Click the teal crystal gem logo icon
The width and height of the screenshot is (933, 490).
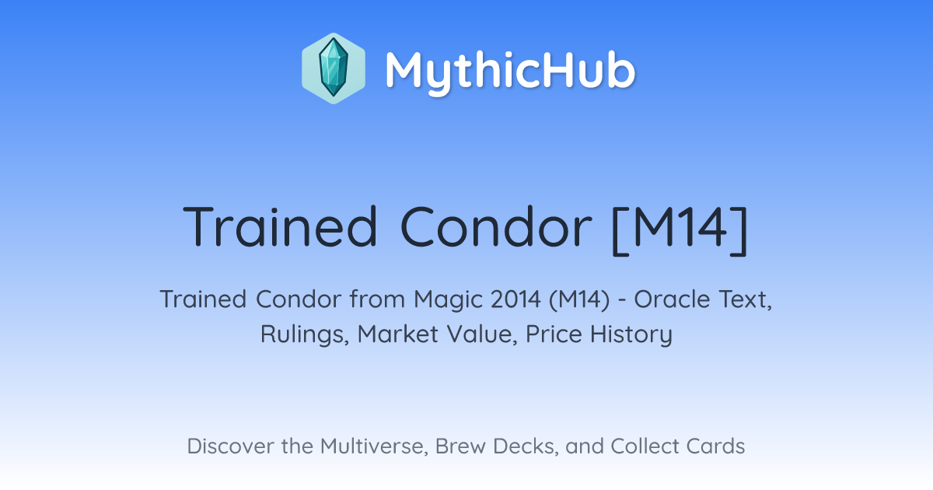pyautogui.click(x=334, y=68)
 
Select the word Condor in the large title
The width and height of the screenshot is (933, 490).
pyautogui.click(x=496, y=226)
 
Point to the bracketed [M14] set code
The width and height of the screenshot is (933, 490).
pyautogui.click(x=680, y=229)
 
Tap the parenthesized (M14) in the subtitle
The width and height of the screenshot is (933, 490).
pyautogui.click(x=579, y=299)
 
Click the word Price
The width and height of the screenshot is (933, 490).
pyautogui.click(x=554, y=334)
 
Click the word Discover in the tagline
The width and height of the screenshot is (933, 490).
pyautogui.click(x=229, y=446)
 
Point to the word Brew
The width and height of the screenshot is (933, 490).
pyautogui.click(x=460, y=446)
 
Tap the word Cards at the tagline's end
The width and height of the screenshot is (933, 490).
pyautogui.click(x=715, y=446)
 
